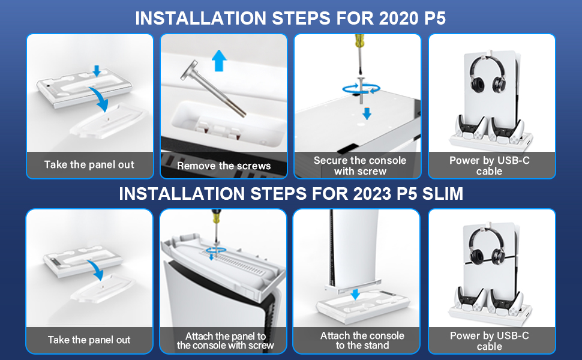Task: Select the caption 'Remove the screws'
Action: (x=224, y=166)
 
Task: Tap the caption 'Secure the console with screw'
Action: (x=359, y=166)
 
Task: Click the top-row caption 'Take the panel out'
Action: (x=89, y=164)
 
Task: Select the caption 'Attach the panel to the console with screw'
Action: (x=224, y=340)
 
